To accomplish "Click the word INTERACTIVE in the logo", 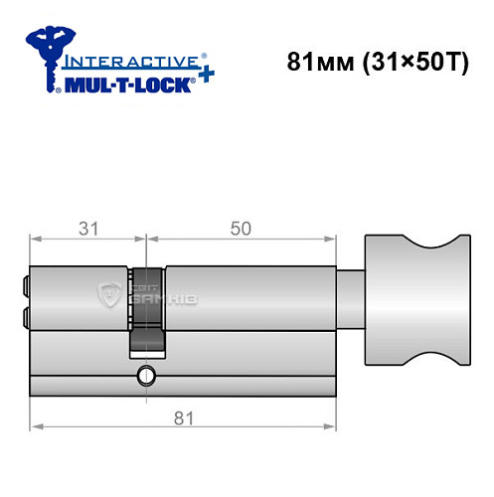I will tap(124, 61).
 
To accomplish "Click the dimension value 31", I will tap(87, 228).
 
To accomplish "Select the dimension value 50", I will tap(239, 228).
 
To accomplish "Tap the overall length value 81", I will tap(180, 418).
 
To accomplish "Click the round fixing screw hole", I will tap(147, 377).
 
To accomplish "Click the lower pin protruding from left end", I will tap(23, 317).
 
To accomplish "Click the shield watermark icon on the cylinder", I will tap(106, 294).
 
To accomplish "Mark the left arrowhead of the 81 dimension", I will tap(35, 427).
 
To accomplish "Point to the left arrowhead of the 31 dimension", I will tap(35, 239).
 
